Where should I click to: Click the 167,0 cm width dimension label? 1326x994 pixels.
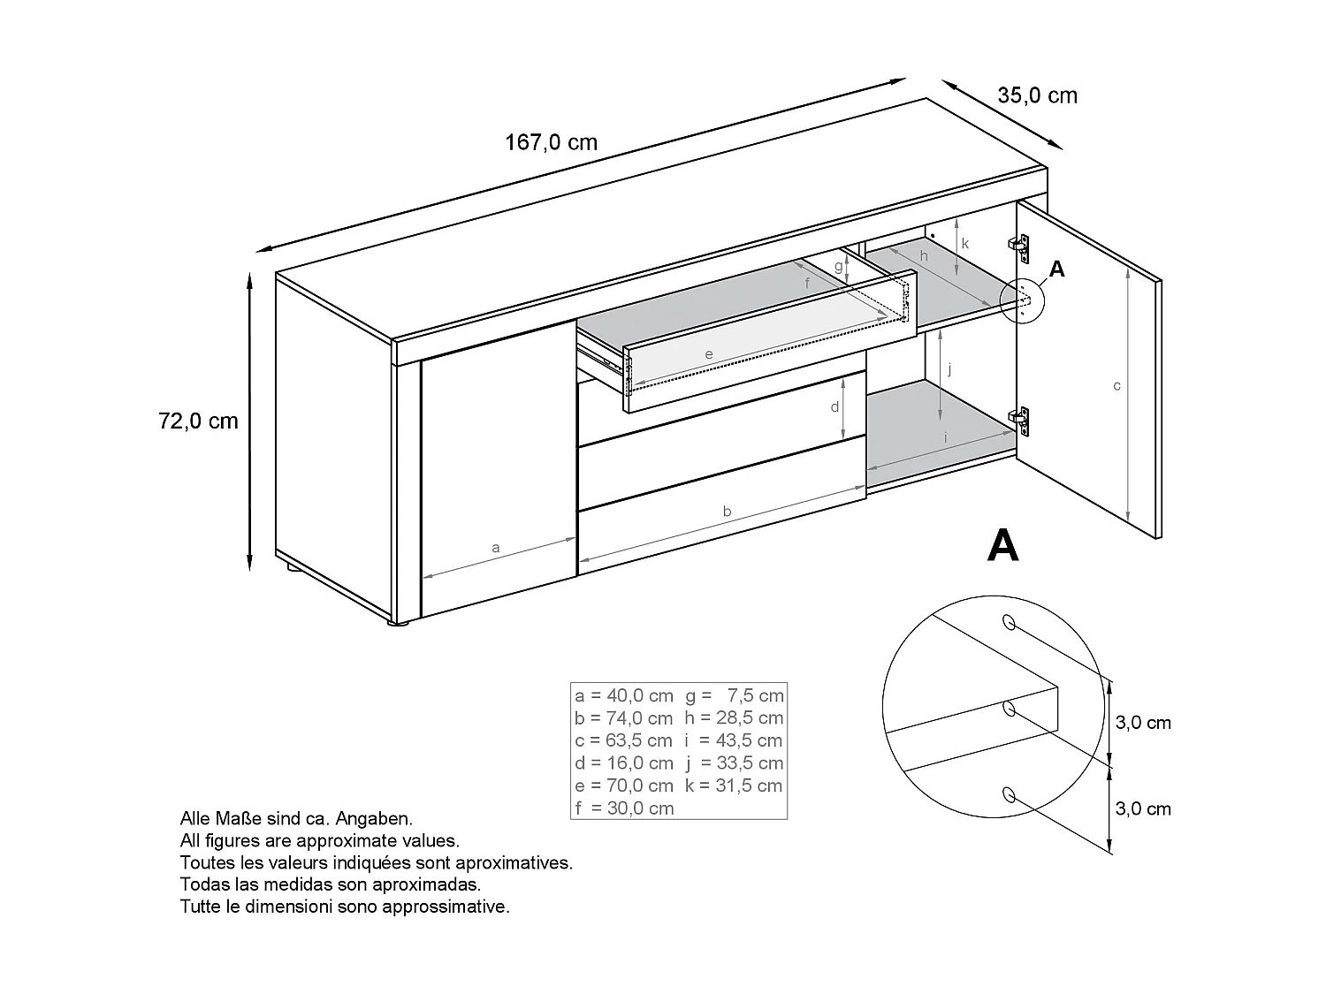click(x=551, y=142)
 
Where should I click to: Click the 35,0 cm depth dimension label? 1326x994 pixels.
click(x=1037, y=95)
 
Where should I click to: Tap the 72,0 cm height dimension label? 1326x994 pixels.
click(x=198, y=421)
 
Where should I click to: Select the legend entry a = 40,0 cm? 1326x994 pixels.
click(x=623, y=696)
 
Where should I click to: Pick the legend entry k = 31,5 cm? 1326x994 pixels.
click(x=733, y=785)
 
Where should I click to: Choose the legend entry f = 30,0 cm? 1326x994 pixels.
click(x=623, y=808)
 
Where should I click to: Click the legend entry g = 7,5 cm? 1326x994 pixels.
click(x=734, y=696)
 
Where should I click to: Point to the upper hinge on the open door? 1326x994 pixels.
click(x=1021, y=248)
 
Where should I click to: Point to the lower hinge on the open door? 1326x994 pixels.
click(x=1021, y=421)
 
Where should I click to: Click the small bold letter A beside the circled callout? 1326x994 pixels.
click(x=1056, y=269)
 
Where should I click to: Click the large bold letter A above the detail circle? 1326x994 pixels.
click(x=1002, y=545)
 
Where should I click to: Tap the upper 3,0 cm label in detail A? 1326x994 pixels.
click(x=1142, y=723)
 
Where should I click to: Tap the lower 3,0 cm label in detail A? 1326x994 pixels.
click(x=1142, y=808)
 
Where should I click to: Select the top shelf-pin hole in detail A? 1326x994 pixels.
click(x=1008, y=623)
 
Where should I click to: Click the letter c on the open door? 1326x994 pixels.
click(x=1116, y=386)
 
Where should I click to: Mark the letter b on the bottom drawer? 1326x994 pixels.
click(x=727, y=512)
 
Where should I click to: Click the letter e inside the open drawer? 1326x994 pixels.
click(x=708, y=354)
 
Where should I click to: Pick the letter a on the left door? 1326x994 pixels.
click(x=495, y=548)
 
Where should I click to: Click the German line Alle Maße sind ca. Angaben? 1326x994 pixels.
click(x=296, y=820)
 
